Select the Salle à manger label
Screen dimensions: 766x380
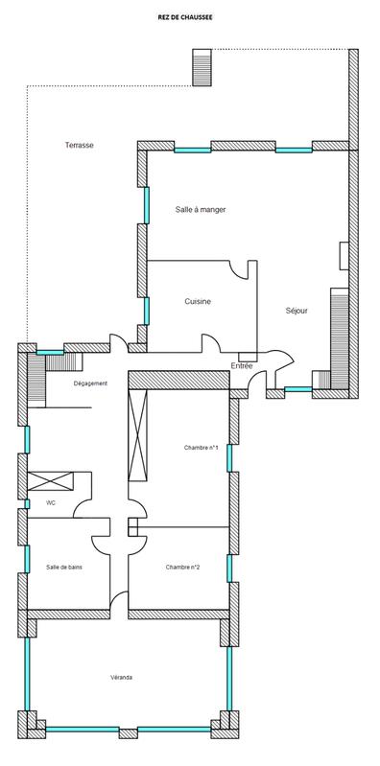coord(200,209)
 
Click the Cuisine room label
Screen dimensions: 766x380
coord(198,302)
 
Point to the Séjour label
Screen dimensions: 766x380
coord(297,312)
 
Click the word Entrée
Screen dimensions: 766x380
coord(242,366)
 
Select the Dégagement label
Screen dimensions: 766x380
coord(90,383)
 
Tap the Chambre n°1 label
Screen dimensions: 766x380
coord(202,448)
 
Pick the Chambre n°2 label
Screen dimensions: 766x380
coord(182,567)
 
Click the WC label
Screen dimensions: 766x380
coord(51,502)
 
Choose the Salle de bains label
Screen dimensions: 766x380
coord(64,567)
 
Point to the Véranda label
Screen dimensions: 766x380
coord(121,677)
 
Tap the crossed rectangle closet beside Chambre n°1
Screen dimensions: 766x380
coord(139,438)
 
